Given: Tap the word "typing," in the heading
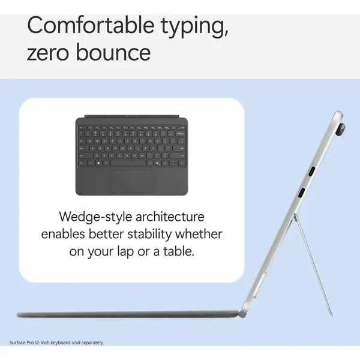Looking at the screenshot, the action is point(194,28).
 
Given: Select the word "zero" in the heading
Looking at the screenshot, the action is point(48,52).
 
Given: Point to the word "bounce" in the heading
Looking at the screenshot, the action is point(113,52).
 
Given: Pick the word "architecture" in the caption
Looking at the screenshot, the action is point(170,217).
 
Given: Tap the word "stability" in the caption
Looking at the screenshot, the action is point(149,235).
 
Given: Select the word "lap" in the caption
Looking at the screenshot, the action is point(125,251).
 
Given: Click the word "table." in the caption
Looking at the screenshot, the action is point(179,251).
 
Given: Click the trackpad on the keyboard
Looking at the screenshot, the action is point(132,181).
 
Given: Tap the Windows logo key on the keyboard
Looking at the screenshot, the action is point(98,163).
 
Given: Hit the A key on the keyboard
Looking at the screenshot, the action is point(92,149).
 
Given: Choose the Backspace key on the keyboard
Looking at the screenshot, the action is point(181,133).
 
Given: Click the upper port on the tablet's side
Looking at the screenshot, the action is point(311,171).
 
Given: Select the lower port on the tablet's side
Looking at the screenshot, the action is point(301,193).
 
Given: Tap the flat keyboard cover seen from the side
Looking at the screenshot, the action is point(127,314).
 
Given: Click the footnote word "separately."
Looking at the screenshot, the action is point(92,343).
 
